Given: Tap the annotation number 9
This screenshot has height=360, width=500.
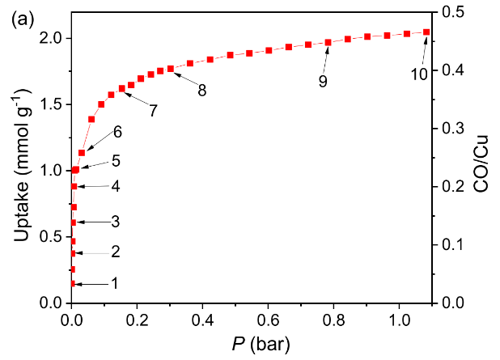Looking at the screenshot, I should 323,82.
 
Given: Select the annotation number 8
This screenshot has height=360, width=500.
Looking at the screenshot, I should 201,91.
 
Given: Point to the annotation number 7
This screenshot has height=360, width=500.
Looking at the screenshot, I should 152,111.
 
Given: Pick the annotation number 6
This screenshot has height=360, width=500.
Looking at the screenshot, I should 117,131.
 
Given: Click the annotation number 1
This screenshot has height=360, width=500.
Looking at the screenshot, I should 115,284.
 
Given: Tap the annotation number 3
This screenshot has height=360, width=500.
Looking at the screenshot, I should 115,222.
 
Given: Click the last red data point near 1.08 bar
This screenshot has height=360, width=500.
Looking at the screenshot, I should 426,32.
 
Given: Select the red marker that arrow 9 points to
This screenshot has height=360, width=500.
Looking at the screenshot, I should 328,42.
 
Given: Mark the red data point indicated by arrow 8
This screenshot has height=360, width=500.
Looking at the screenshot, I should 171,69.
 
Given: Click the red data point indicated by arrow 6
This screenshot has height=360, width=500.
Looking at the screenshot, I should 82,153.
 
